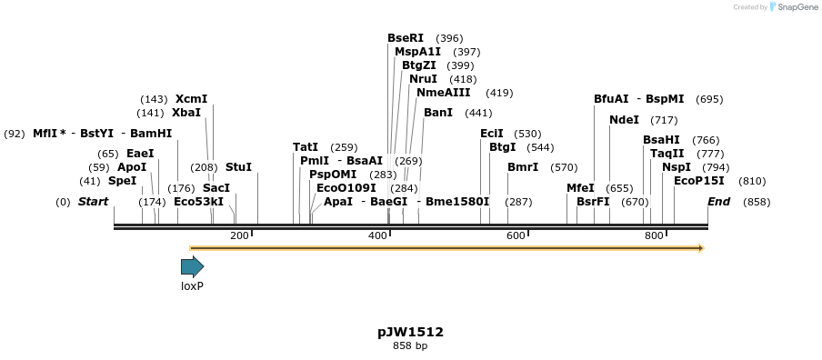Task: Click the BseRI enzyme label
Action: [406, 38]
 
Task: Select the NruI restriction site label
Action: [423, 79]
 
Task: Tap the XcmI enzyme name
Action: [191, 99]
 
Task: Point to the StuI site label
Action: [238, 167]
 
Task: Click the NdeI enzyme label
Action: [624, 120]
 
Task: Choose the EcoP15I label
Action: [699, 181]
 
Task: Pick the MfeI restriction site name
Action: [580, 188]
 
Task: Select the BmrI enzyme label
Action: [523, 167]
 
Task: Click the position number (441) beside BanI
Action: [477, 113]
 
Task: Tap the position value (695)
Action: [709, 99]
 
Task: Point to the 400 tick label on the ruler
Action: [378, 236]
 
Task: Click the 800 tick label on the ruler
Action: [654, 236]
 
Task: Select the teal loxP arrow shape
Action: [192, 266]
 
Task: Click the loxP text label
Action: [192, 285]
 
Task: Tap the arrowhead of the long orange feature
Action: [700, 248]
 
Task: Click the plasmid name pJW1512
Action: [410, 332]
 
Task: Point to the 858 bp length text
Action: [410, 346]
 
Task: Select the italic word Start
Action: [93, 202]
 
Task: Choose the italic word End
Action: [718, 202]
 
